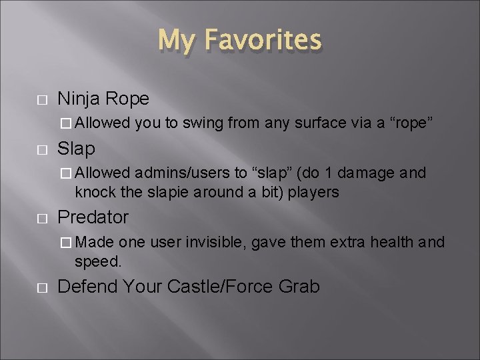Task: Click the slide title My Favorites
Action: tap(240, 40)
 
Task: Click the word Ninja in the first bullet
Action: tap(77, 99)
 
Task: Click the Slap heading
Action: tap(77, 147)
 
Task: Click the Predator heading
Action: tap(93, 217)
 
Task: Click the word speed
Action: tap(98, 262)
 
